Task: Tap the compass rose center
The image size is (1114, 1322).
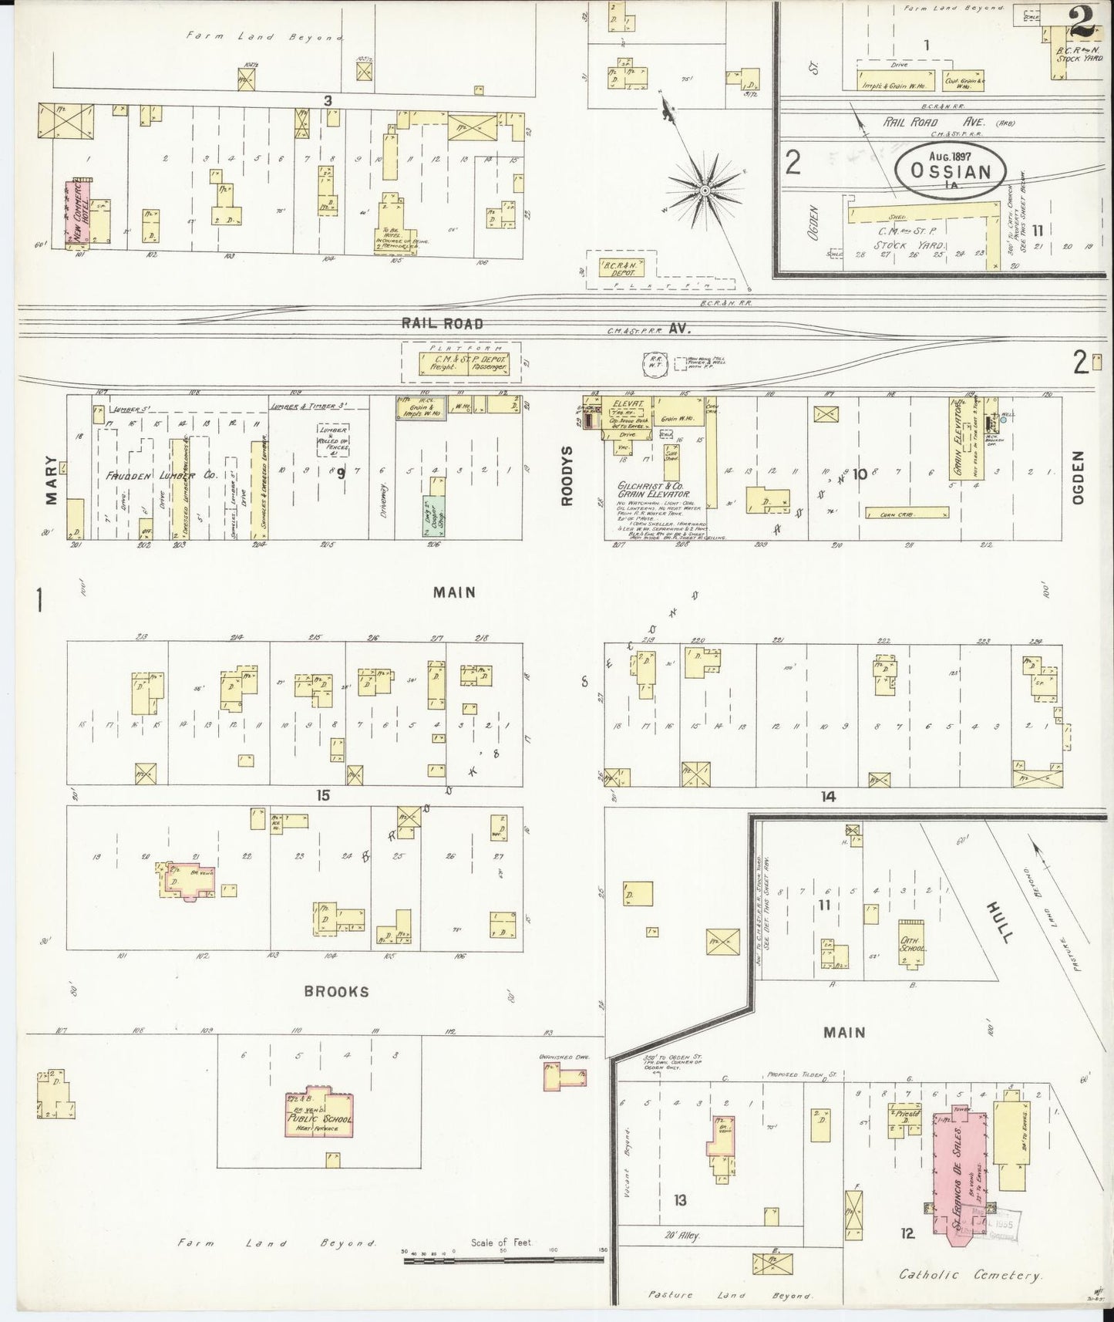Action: (704, 188)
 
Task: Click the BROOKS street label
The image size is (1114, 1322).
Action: (336, 992)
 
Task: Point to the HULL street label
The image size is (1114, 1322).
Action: (1000, 922)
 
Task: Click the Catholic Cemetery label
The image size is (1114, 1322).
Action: (970, 1276)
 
